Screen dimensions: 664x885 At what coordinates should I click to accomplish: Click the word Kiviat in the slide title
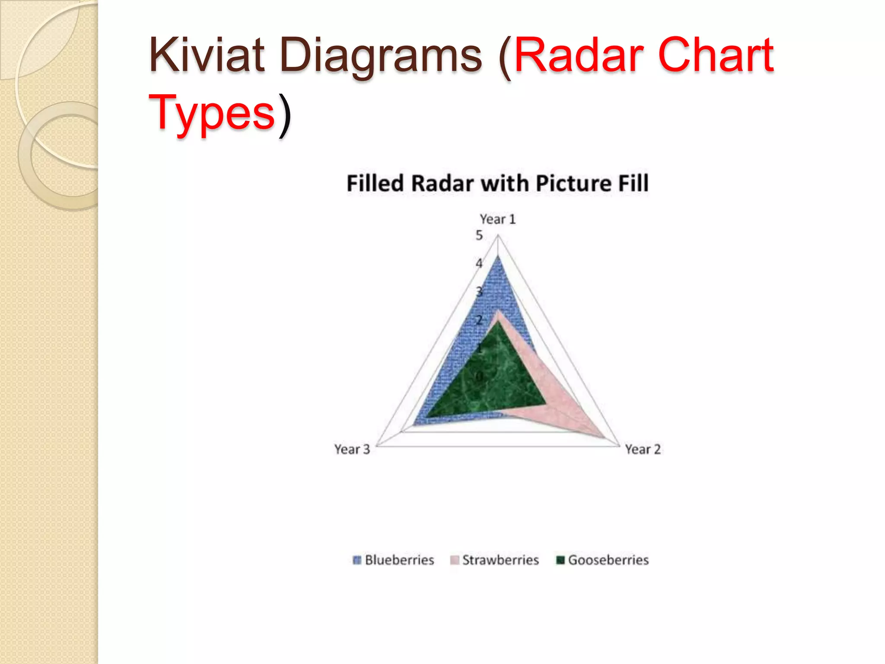(207, 55)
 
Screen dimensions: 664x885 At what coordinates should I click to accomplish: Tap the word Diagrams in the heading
(380, 56)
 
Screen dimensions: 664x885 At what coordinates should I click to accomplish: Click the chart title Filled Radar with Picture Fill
(497, 183)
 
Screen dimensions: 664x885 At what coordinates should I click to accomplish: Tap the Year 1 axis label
(498, 219)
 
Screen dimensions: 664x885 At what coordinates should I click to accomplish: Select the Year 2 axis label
(643, 450)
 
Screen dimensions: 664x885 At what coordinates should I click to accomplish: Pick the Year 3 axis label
(352, 450)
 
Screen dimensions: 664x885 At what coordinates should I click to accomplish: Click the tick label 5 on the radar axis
(479, 236)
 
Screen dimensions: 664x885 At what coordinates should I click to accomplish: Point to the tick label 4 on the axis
(479, 263)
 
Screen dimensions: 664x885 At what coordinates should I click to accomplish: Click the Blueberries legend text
(399, 560)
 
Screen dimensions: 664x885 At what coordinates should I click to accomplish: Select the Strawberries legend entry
(500, 560)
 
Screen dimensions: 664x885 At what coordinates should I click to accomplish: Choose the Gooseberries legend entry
(608, 560)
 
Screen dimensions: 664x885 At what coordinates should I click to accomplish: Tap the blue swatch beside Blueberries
(357, 560)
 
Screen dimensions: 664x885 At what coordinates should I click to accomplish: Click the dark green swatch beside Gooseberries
(560, 560)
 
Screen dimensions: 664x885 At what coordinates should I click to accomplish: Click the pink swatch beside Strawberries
(455, 560)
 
